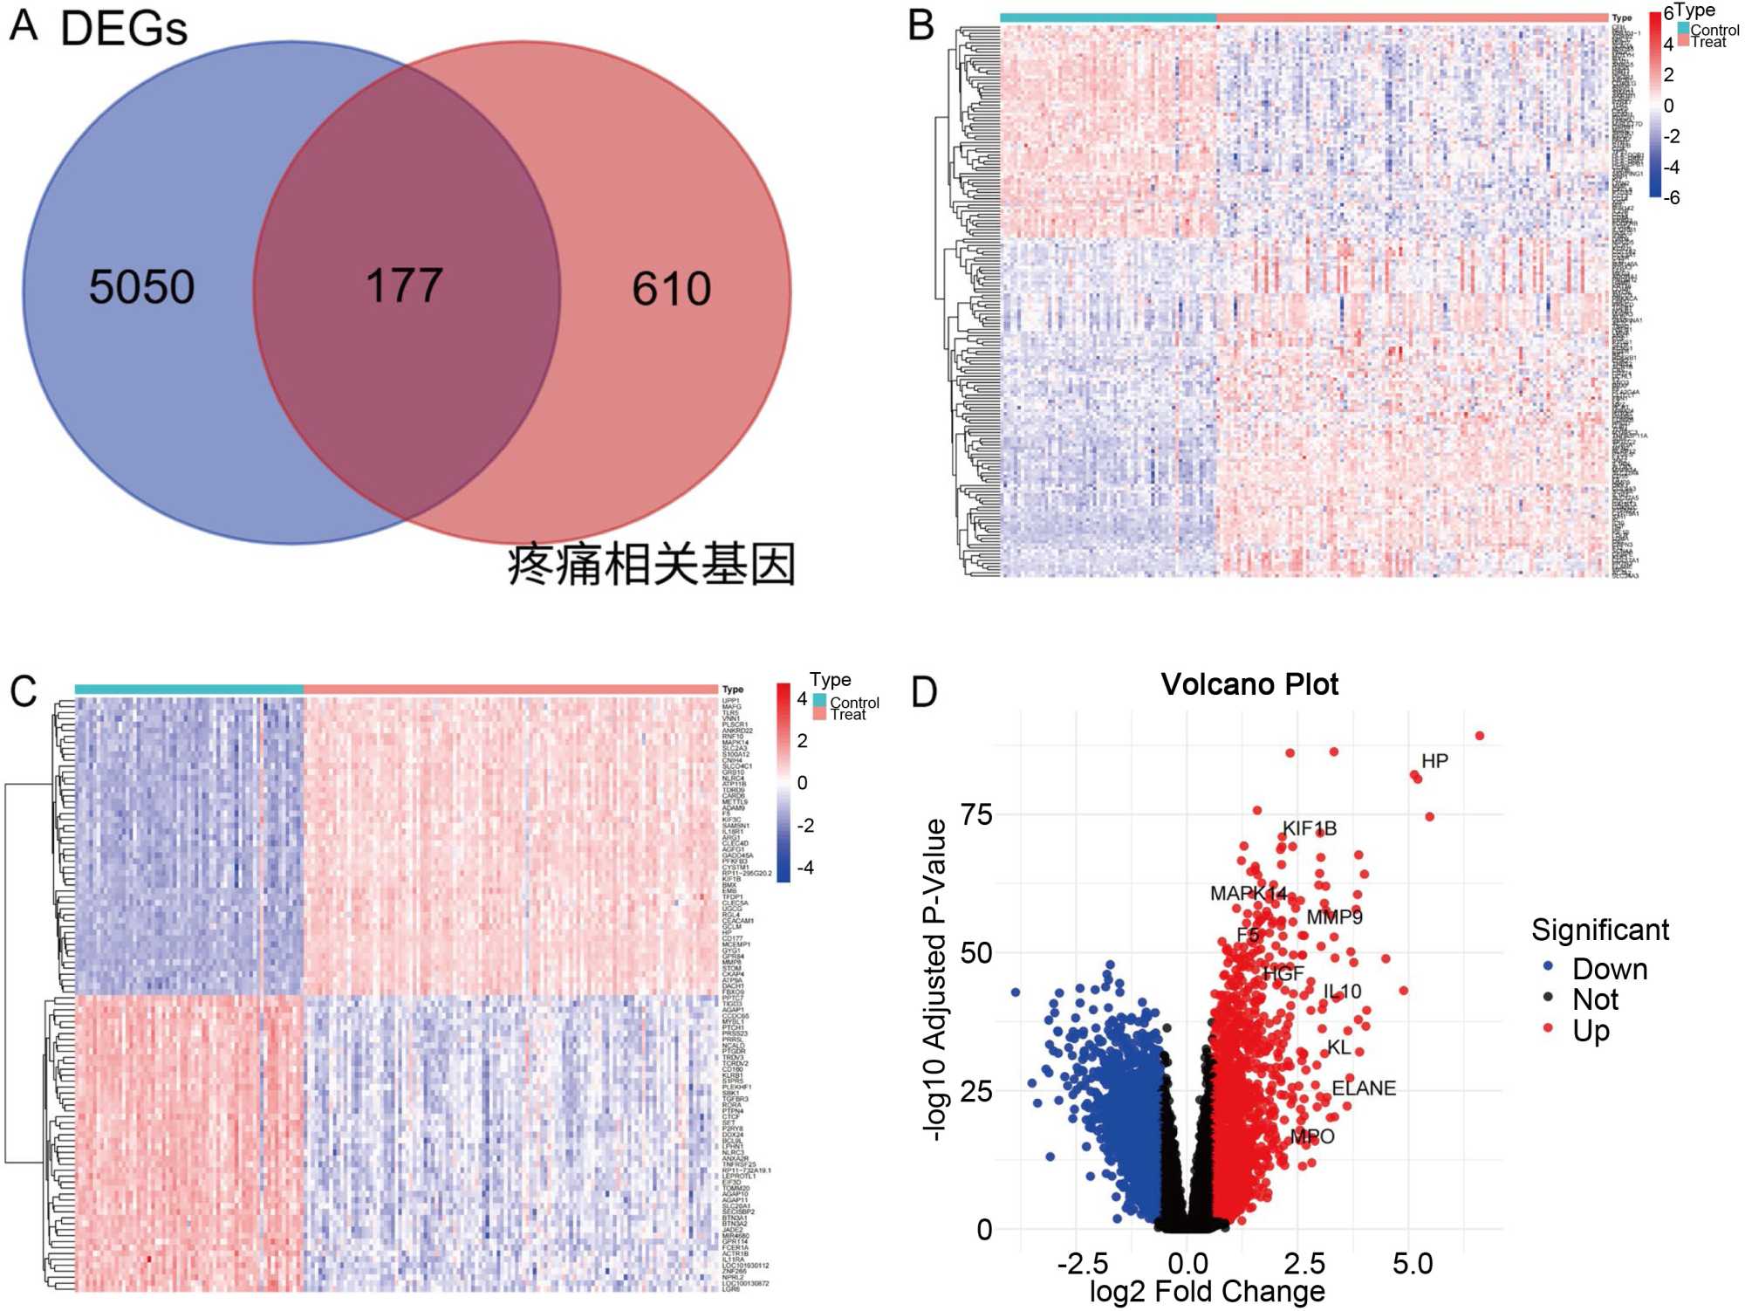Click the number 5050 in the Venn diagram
(x=141, y=287)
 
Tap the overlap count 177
(x=404, y=285)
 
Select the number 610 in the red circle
(x=671, y=289)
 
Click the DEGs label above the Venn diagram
(x=124, y=29)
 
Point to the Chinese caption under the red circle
(x=651, y=565)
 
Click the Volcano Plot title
(x=1249, y=684)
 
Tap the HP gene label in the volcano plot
(x=1434, y=761)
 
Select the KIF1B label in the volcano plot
(x=1309, y=828)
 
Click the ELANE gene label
(x=1364, y=1088)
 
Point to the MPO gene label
(x=1312, y=1136)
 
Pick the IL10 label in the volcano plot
(x=1342, y=992)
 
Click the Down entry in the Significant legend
(x=1609, y=969)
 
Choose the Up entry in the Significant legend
(x=1591, y=1031)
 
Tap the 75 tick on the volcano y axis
(x=976, y=814)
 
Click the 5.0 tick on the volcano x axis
(x=1412, y=1263)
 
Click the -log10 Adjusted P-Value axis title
(x=935, y=979)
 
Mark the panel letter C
(x=24, y=691)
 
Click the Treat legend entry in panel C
(x=847, y=715)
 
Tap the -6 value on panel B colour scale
(x=1671, y=198)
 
